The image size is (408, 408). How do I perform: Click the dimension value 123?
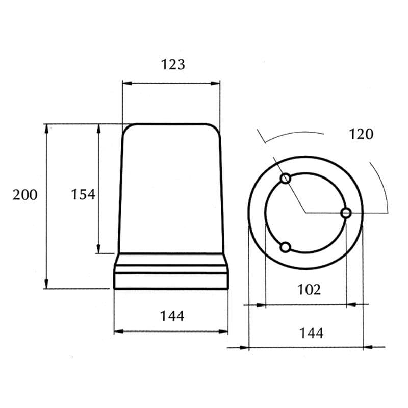pos(173,65)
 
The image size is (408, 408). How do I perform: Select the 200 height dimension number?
pos(25,195)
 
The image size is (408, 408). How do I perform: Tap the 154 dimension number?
pos(83,194)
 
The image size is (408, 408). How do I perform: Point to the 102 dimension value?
pos(309,289)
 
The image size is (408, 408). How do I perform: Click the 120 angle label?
pos(361,134)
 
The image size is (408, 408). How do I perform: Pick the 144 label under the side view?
pos(172,316)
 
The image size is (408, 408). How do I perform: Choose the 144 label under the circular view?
pos(312,333)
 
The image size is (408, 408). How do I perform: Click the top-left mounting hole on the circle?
pos(286,178)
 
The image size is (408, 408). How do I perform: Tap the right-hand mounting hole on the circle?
pos(346,213)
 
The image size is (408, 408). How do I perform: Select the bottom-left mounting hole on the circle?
pos(286,247)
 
